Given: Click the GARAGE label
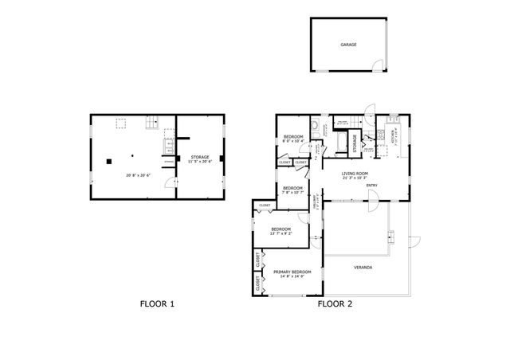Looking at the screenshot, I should click(348, 45).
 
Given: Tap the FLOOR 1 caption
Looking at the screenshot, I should click(157, 303).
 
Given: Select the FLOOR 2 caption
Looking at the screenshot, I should click(335, 303).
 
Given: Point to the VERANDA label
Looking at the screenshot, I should click(363, 267).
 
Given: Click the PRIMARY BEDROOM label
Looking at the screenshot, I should click(292, 272).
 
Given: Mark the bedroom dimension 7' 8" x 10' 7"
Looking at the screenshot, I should click(292, 192).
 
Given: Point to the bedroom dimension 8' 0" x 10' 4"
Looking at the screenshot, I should click(292, 142).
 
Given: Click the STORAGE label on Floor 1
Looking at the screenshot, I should click(200, 157).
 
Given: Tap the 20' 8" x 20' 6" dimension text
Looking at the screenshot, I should click(137, 175).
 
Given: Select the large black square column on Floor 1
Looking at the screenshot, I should click(108, 162).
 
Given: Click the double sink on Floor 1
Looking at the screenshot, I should click(168, 146).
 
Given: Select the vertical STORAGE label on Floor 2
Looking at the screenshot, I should click(355, 143).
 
